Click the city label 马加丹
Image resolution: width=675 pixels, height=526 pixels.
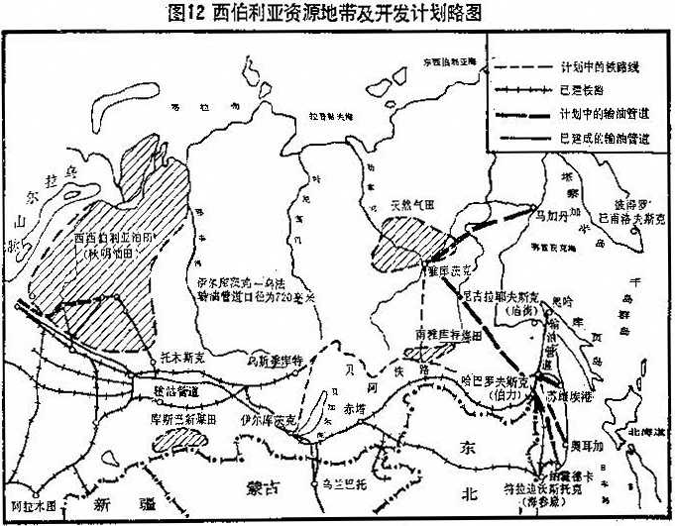pyautogui.click(x=549, y=211)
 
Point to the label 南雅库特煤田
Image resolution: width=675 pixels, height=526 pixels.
pyautogui.click(x=436, y=335)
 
